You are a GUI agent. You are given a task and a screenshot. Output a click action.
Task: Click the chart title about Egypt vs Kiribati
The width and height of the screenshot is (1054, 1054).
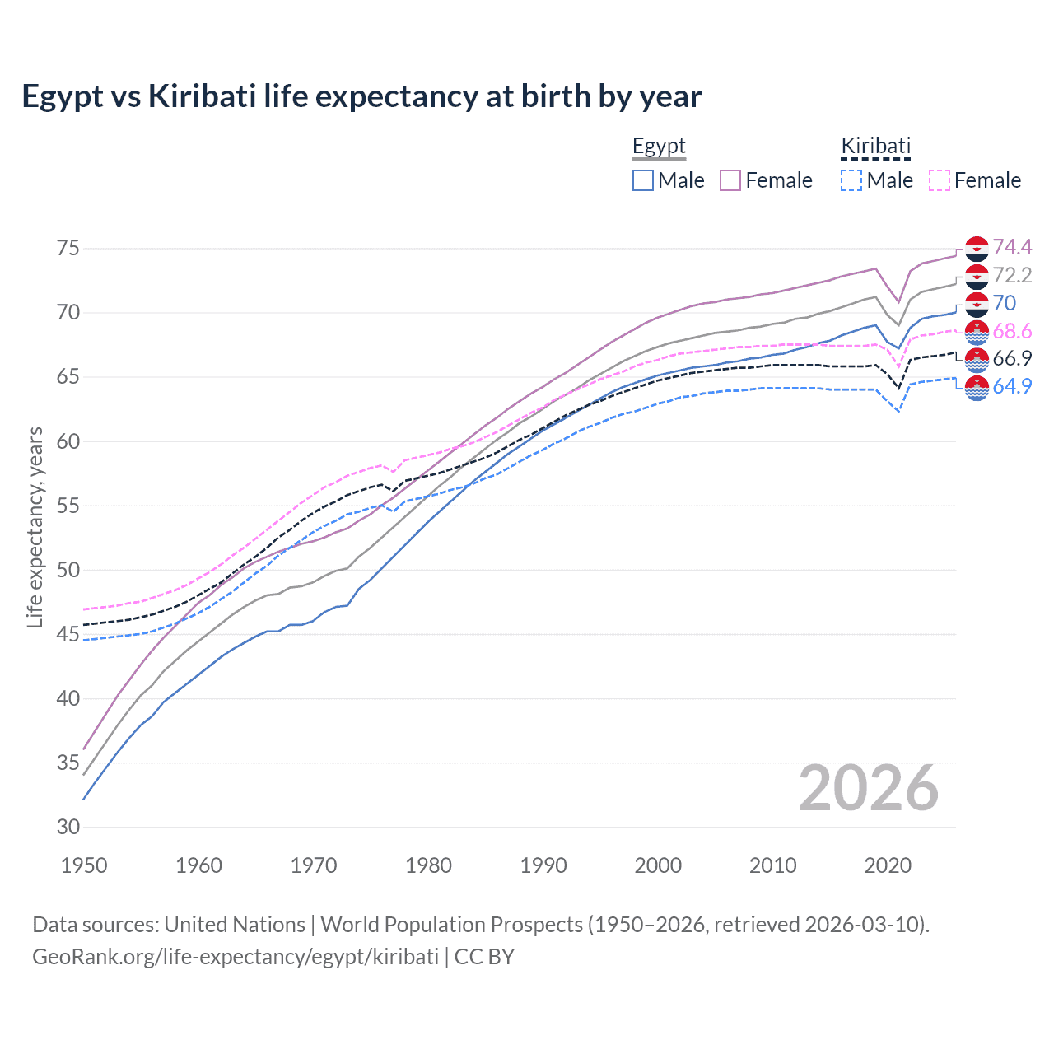pos(361,96)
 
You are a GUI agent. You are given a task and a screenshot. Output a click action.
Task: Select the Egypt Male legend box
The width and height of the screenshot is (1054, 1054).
pos(643,180)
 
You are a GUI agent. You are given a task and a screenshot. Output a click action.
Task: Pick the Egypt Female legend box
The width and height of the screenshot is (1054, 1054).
pos(730,180)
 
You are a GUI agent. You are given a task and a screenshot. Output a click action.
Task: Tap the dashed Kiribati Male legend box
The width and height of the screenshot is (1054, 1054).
pos(851,180)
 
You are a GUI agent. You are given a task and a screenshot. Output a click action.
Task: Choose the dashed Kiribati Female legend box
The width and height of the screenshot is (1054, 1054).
pos(940,180)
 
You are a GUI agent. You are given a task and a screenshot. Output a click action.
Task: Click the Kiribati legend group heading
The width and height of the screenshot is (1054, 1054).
pos(875,147)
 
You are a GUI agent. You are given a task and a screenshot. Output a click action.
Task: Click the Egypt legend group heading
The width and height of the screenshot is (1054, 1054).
pos(659,147)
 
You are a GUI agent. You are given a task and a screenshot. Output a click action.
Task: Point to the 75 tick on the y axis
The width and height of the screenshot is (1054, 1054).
pos(68,248)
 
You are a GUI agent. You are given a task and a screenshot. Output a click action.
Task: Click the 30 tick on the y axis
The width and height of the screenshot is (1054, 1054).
pos(68,827)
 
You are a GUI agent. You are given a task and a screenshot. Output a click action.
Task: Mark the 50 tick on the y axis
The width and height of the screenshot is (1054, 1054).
pos(68,570)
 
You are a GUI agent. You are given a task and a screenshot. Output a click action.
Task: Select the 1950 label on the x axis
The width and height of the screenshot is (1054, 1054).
pos(84,865)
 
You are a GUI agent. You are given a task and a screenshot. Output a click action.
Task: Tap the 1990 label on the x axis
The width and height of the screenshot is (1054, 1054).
pos(543,865)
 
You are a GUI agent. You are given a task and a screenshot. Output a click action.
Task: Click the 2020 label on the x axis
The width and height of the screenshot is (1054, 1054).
pos(888,865)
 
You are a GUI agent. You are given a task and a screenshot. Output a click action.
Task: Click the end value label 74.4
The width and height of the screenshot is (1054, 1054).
pos(1012,247)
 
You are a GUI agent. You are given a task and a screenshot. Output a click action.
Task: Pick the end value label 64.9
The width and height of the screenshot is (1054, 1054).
pos(1012,386)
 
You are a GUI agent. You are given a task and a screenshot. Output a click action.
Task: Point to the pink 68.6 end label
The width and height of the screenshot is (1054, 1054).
pos(1012,331)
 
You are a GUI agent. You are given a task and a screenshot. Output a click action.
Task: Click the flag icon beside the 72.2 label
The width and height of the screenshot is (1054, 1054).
pos(977,276)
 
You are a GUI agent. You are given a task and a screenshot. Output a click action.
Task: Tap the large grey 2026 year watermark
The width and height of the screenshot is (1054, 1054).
pos(869,788)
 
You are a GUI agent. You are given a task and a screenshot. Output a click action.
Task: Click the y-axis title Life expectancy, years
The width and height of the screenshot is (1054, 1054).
pos(35,527)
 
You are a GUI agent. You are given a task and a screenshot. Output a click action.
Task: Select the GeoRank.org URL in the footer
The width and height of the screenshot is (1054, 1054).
pos(236,957)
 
